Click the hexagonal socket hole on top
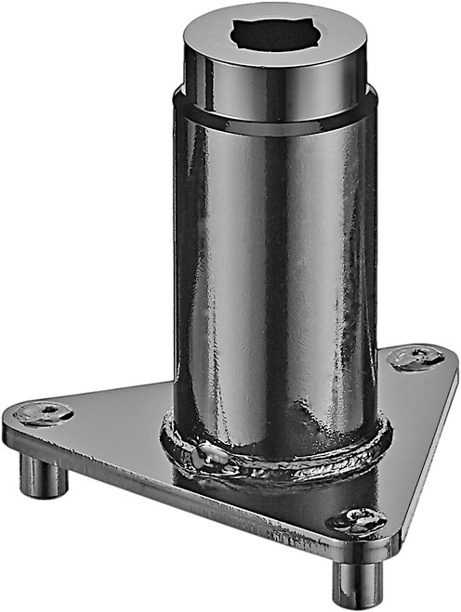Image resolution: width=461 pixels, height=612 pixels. click(x=276, y=35)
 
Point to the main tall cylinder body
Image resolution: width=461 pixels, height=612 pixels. click(x=275, y=279)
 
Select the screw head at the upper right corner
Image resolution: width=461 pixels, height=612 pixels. click(x=415, y=357)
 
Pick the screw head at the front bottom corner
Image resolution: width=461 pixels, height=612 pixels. click(x=358, y=520)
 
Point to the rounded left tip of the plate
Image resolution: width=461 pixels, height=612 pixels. click(x=11, y=423)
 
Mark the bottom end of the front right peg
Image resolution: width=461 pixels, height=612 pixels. click(x=358, y=599)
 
